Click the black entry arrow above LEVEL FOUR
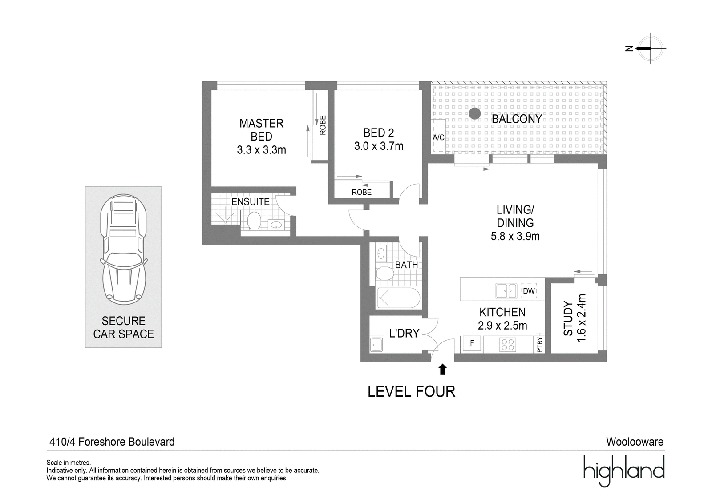tap(442, 370)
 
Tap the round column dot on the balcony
tap(475, 114)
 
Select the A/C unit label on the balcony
tap(439, 137)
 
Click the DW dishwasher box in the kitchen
tap(529, 291)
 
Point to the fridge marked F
tap(472, 343)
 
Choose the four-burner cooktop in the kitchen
tap(508, 344)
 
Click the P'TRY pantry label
tap(539, 345)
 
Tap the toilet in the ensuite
tap(254, 221)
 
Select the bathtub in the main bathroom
tap(398, 298)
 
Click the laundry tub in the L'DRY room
tap(376, 344)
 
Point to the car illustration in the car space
tap(124, 249)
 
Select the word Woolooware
tap(635, 442)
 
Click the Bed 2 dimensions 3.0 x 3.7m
tap(379, 146)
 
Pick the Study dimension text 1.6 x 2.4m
tap(581, 318)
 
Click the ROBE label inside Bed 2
tap(362, 192)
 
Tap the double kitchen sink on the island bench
tap(506, 291)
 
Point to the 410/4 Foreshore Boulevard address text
tap(112, 442)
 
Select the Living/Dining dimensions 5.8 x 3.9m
tap(515, 237)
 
